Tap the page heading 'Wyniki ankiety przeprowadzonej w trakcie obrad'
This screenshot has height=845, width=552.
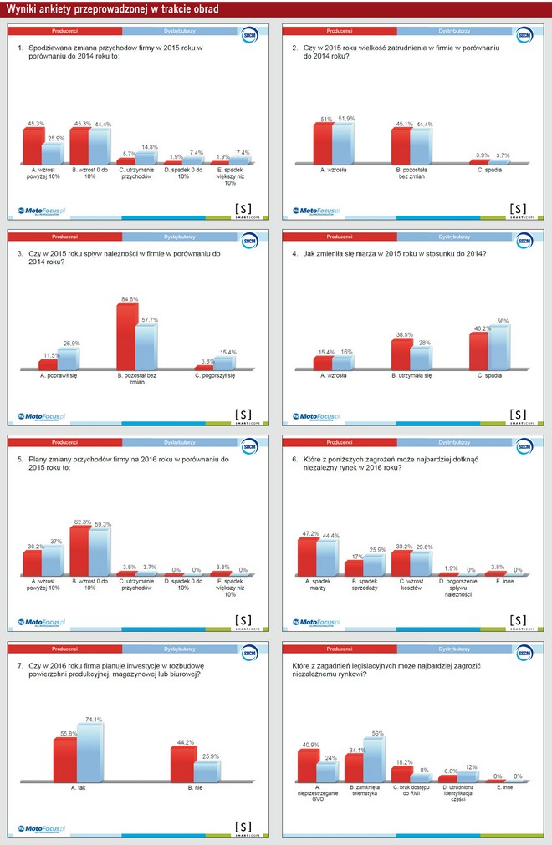(x=113, y=9)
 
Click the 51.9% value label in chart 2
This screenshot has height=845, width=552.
(x=345, y=119)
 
